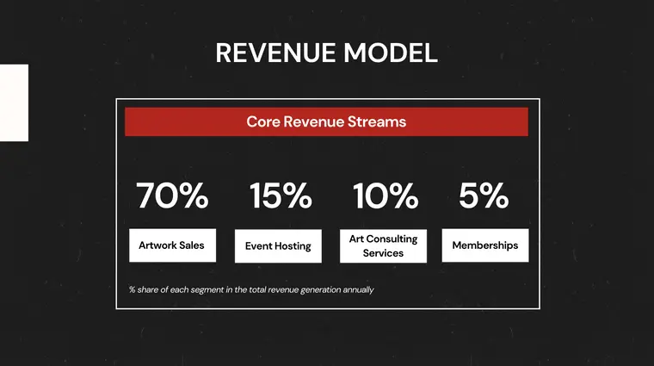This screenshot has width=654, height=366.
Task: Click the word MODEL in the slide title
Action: (391, 53)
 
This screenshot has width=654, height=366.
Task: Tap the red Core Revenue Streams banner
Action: (326, 122)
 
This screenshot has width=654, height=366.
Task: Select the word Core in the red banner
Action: (262, 122)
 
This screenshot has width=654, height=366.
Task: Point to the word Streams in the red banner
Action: (378, 122)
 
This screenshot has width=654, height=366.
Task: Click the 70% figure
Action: (172, 196)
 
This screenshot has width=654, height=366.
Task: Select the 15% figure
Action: (280, 196)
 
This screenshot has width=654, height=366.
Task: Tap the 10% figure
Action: (385, 196)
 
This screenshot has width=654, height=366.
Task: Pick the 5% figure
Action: (484, 196)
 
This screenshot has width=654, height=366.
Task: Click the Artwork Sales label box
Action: (172, 245)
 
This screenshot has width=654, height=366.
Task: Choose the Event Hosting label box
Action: (278, 246)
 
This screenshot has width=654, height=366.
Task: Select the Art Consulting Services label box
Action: (383, 245)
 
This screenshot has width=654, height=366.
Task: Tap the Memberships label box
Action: (484, 245)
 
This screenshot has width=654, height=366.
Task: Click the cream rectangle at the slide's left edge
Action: (14, 102)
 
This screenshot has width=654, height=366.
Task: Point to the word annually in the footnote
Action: (356, 290)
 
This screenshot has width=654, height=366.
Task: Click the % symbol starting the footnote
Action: (133, 290)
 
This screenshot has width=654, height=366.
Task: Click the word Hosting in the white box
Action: (293, 246)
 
